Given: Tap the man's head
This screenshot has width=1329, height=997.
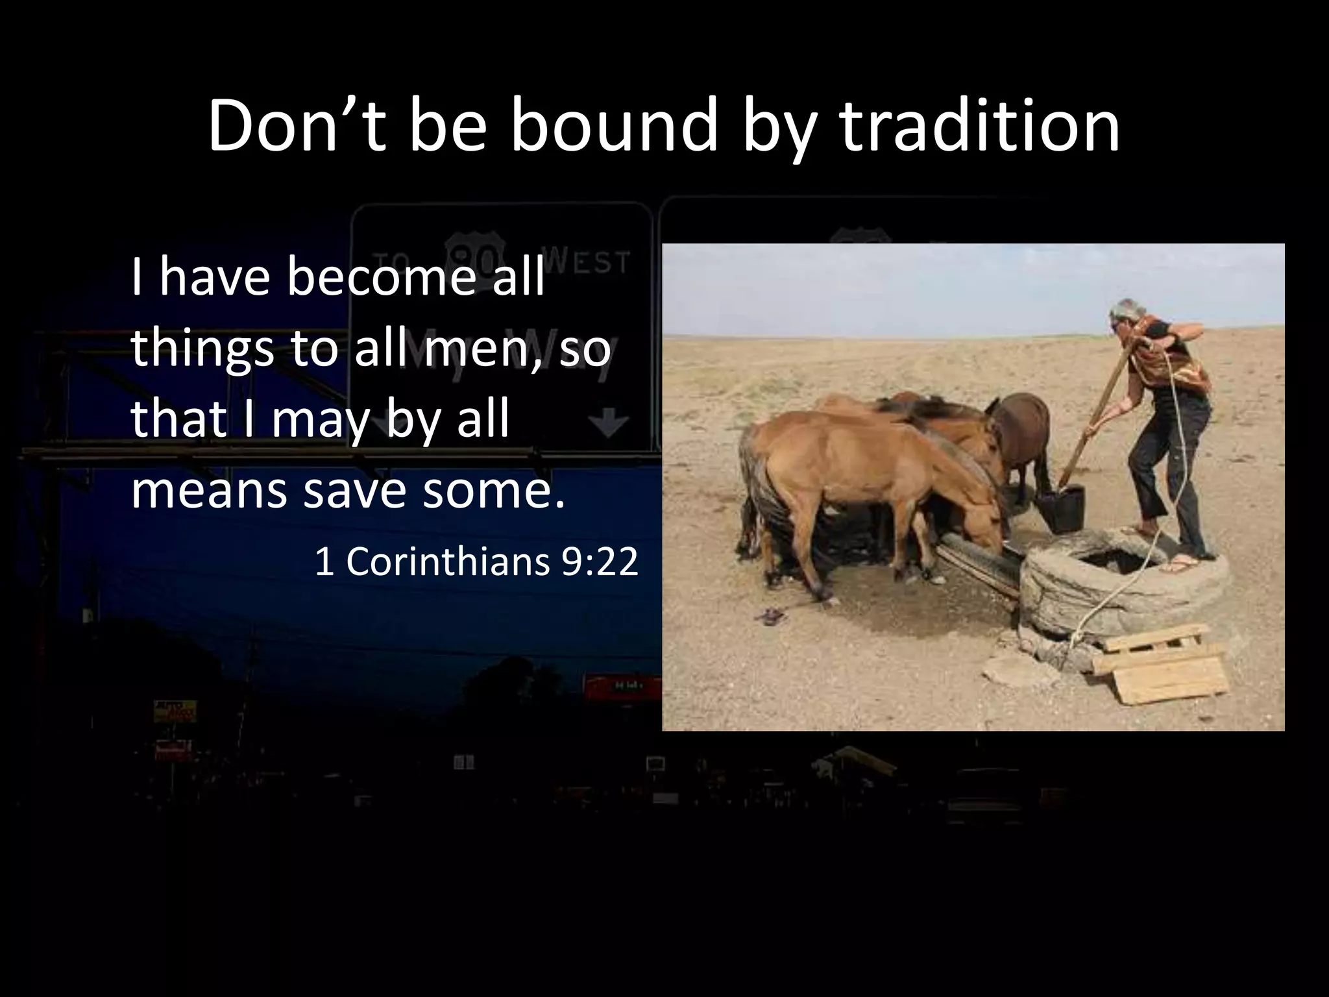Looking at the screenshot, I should click(1128, 316).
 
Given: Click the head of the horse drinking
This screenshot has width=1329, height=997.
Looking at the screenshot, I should click(983, 523).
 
